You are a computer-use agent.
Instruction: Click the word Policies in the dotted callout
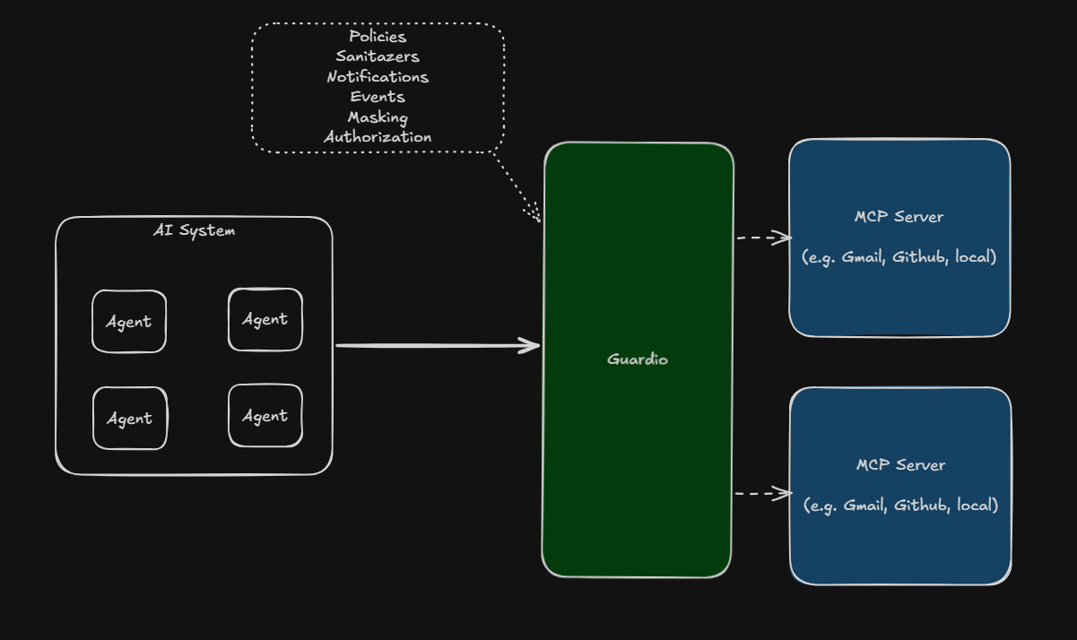(378, 37)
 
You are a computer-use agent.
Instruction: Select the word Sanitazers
(378, 56)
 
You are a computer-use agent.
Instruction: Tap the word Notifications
(378, 77)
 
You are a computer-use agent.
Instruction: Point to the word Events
(378, 97)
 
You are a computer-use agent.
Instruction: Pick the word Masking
(378, 117)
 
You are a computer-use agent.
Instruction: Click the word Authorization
(378, 137)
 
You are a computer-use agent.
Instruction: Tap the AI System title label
(195, 230)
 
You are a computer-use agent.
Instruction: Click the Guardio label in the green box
(638, 359)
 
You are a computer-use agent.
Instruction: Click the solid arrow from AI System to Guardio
(438, 345)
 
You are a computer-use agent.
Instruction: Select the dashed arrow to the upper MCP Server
(764, 238)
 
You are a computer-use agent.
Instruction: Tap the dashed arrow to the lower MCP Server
(763, 494)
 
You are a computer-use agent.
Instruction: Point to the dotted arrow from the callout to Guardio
(517, 187)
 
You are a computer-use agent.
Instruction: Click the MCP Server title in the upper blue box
(899, 217)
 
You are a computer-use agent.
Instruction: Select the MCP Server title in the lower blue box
(901, 465)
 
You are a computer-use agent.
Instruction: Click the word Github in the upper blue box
(920, 257)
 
